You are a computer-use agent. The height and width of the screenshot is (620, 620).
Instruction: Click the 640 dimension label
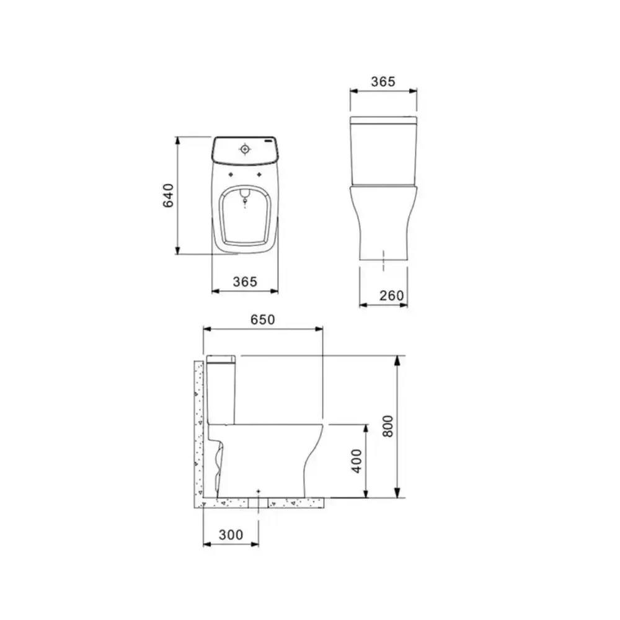169,195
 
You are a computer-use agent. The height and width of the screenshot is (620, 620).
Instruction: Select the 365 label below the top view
245,281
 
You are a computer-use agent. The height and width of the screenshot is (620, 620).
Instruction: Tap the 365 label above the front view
383,81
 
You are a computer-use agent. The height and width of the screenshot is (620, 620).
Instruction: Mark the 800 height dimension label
388,426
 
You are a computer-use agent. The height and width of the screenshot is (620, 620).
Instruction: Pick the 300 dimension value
231,534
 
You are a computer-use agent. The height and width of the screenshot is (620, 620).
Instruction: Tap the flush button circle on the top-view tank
246,149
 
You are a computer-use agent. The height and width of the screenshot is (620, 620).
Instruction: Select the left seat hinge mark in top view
230,174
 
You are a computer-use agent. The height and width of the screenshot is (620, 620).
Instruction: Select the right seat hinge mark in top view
262,174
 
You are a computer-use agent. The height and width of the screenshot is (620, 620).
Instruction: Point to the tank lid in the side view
221,358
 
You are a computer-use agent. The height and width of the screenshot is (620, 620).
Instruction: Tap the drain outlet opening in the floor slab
258,503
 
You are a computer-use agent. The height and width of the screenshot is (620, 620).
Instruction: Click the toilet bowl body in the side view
267,459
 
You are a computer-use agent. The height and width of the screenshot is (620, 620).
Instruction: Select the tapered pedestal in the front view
383,223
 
